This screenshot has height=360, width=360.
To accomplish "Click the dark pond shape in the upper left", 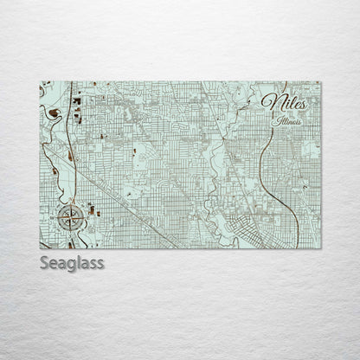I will [x=55, y=112].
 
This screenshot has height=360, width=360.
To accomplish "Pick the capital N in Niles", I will [x=269, y=101].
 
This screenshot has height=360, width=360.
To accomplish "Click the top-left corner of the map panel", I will [x=41, y=82].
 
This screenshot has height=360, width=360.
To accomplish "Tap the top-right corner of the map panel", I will [x=320, y=82].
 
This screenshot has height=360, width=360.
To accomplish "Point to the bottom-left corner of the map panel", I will [x=41, y=247].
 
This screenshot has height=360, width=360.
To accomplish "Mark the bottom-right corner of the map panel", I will [x=320, y=247].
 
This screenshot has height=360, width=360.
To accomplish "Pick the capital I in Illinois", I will [x=273, y=120].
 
